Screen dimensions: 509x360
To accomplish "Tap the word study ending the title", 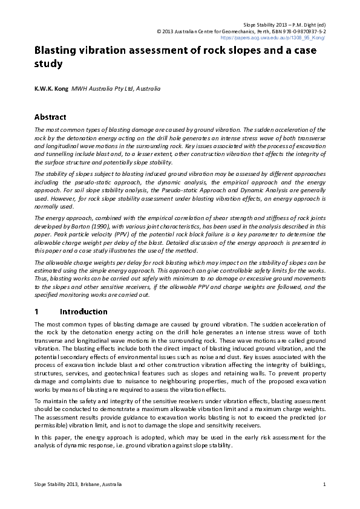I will point(49,63).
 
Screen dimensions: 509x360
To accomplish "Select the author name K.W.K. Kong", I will point(51,89).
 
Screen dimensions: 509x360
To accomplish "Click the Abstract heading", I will point(50,117).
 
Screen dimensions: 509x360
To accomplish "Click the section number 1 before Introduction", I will point(37,312).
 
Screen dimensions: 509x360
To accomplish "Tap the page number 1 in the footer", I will point(325,485).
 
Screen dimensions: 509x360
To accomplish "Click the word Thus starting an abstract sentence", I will point(42,288).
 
